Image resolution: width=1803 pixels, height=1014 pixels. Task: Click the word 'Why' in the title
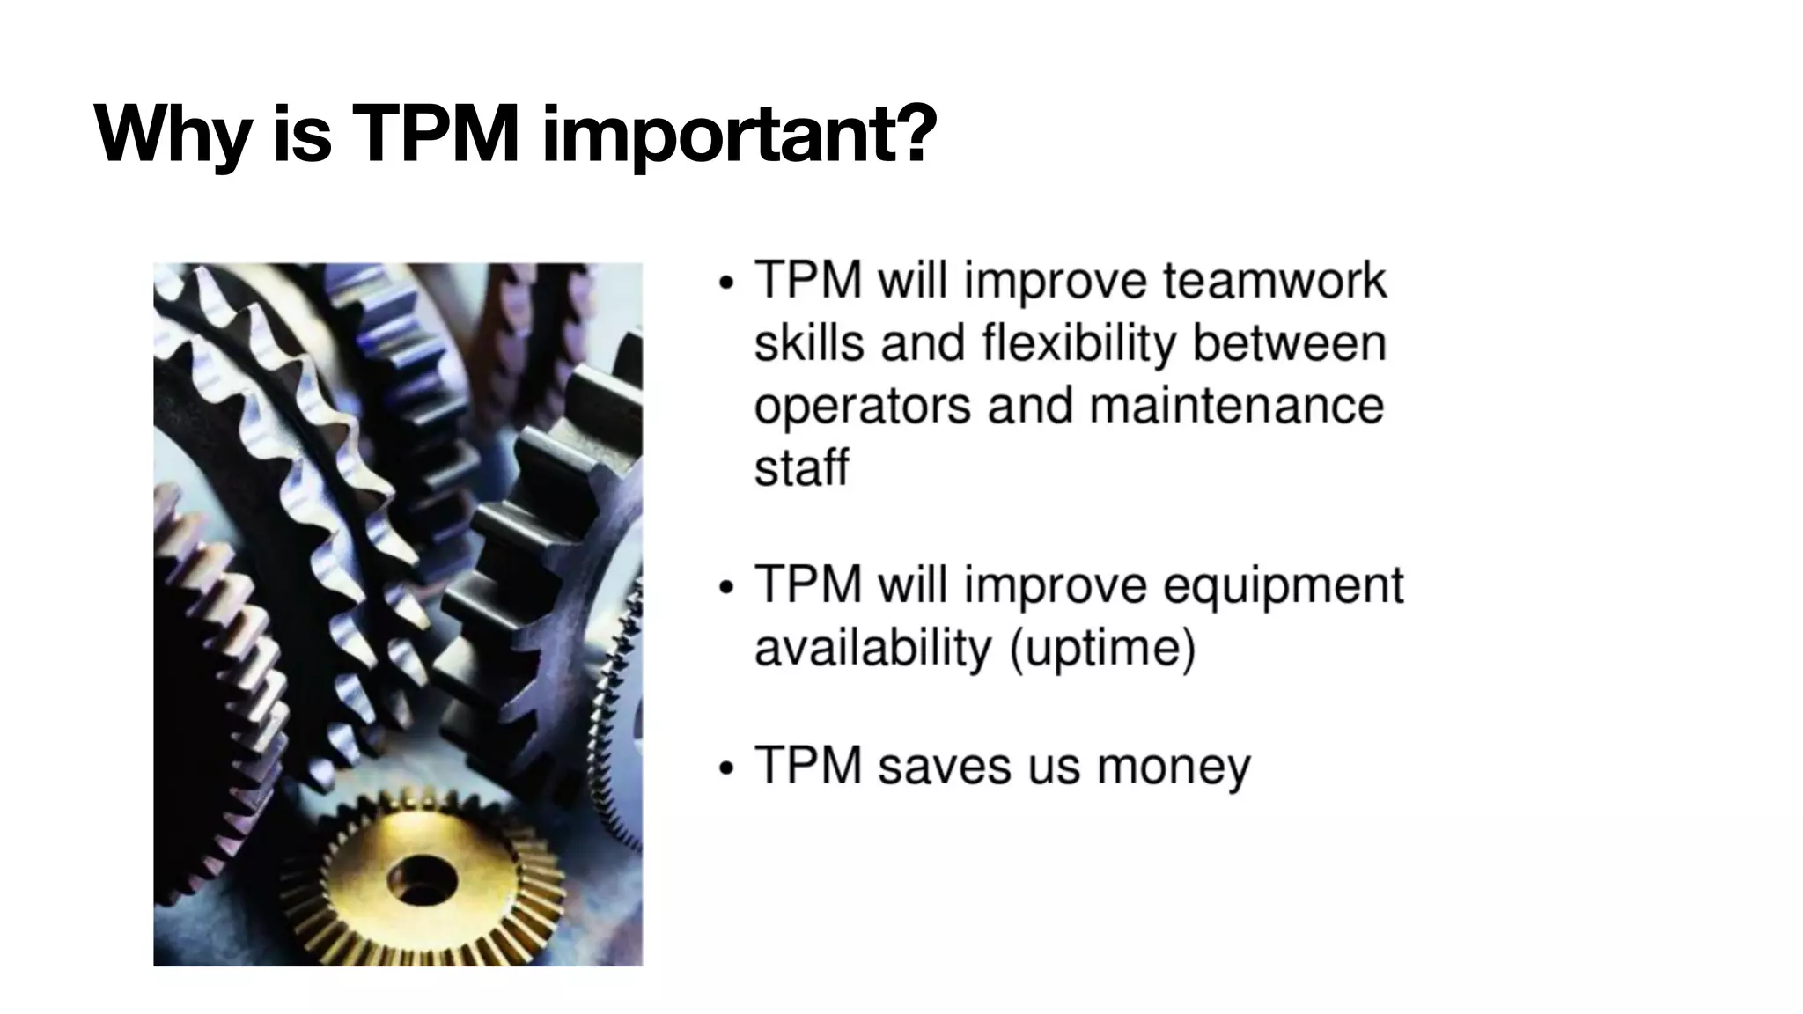[x=172, y=136]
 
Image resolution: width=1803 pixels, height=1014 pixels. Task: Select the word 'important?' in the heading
[x=738, y=136]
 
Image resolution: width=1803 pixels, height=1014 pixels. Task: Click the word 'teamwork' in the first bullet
[x=1275, y=282]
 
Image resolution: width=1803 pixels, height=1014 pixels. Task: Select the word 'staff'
[x=801, y=467]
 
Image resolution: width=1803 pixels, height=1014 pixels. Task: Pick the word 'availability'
[x=873, y=649]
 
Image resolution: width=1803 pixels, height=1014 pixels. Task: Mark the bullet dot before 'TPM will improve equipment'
[x=725, y=587]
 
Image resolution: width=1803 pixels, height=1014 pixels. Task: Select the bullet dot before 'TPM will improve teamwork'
[x=725, y=283]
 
